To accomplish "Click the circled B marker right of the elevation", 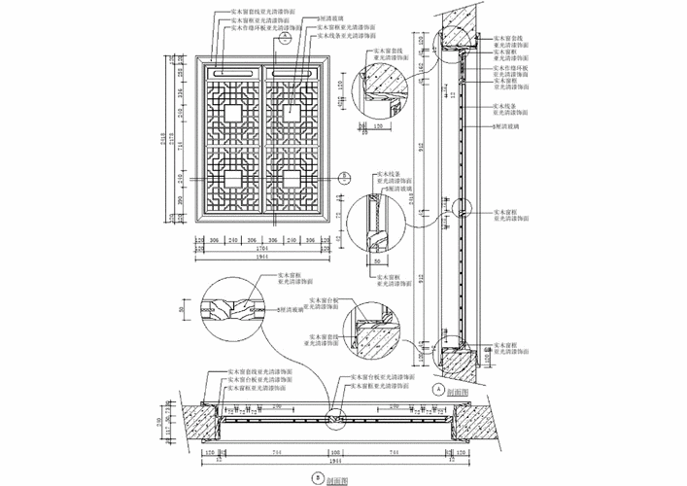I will (344, 177).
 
